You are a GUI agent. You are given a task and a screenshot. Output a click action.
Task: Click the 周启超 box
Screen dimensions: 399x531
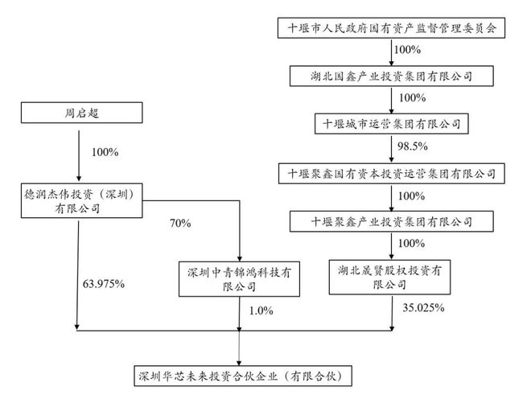(x=78, y=113)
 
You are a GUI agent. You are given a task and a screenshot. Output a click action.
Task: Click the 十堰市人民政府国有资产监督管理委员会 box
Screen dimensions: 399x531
(x=392, y=28)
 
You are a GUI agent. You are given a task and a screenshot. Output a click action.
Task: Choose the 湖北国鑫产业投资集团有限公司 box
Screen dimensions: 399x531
(x=392, y=76)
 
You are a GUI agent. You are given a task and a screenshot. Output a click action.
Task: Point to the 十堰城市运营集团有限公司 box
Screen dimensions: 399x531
(x=392, y=124)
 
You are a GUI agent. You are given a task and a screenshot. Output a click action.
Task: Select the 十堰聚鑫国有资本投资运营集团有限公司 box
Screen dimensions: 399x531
(x=392, y=173)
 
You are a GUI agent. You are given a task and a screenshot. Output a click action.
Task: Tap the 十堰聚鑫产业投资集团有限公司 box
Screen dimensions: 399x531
(x=392, y=220)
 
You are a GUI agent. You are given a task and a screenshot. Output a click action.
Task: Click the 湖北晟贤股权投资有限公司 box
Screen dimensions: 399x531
(x=392, y=274)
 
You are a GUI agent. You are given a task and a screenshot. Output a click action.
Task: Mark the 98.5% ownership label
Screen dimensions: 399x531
(x=412, y=147)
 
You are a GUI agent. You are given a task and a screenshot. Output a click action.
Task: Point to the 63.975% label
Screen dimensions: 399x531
(x=104, y=283)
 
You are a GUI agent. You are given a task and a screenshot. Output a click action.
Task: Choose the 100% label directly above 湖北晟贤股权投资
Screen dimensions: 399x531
(x=410, y=243)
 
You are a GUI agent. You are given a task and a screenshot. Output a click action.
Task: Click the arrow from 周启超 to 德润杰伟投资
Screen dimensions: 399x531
(x=78, y=153)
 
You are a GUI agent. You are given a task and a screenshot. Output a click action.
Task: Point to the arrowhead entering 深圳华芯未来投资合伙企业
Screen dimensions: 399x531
(x=240, y=361)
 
